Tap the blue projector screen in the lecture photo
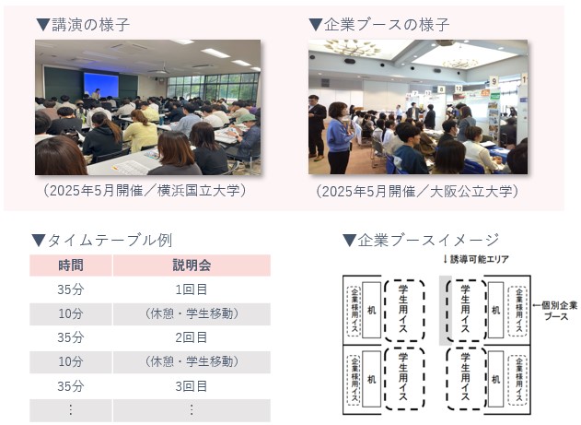100,85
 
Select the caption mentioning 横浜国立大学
145,191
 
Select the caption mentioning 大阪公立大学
418,192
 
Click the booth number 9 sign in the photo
494,80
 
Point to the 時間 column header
71,266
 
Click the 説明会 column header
192,266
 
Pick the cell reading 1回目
192,289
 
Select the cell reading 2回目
192,337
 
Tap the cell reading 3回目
192,386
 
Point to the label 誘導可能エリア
476,259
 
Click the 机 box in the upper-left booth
372,310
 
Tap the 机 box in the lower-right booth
495,379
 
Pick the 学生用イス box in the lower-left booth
404,379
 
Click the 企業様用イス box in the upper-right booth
518,312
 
